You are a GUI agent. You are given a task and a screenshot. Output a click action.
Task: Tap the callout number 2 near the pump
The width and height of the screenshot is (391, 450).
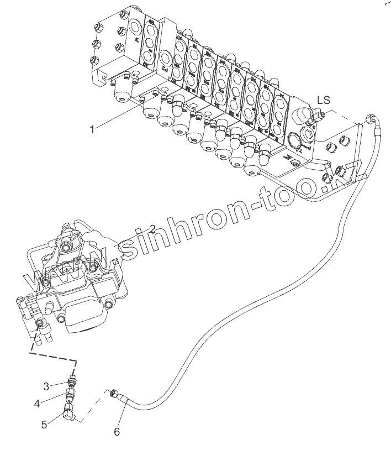click(x=152, y=228)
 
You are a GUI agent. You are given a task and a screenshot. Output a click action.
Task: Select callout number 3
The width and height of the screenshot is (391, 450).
click(x=47, y=385)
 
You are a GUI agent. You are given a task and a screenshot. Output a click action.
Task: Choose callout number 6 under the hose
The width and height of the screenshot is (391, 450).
click(x=117, y=431)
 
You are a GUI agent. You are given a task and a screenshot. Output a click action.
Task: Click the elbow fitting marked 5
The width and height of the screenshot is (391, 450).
click(x=68, y=411)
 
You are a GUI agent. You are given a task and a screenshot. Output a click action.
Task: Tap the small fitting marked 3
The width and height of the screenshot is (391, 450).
click(x=71, y=380)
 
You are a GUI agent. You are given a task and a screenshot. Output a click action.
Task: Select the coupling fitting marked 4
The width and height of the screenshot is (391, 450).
click(x=70, y=395)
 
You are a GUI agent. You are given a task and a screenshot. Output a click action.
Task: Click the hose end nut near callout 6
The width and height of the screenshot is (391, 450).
click(x=114, y=393)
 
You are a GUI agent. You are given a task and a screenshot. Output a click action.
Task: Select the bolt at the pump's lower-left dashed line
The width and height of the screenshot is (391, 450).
click(x=40, y=322)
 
